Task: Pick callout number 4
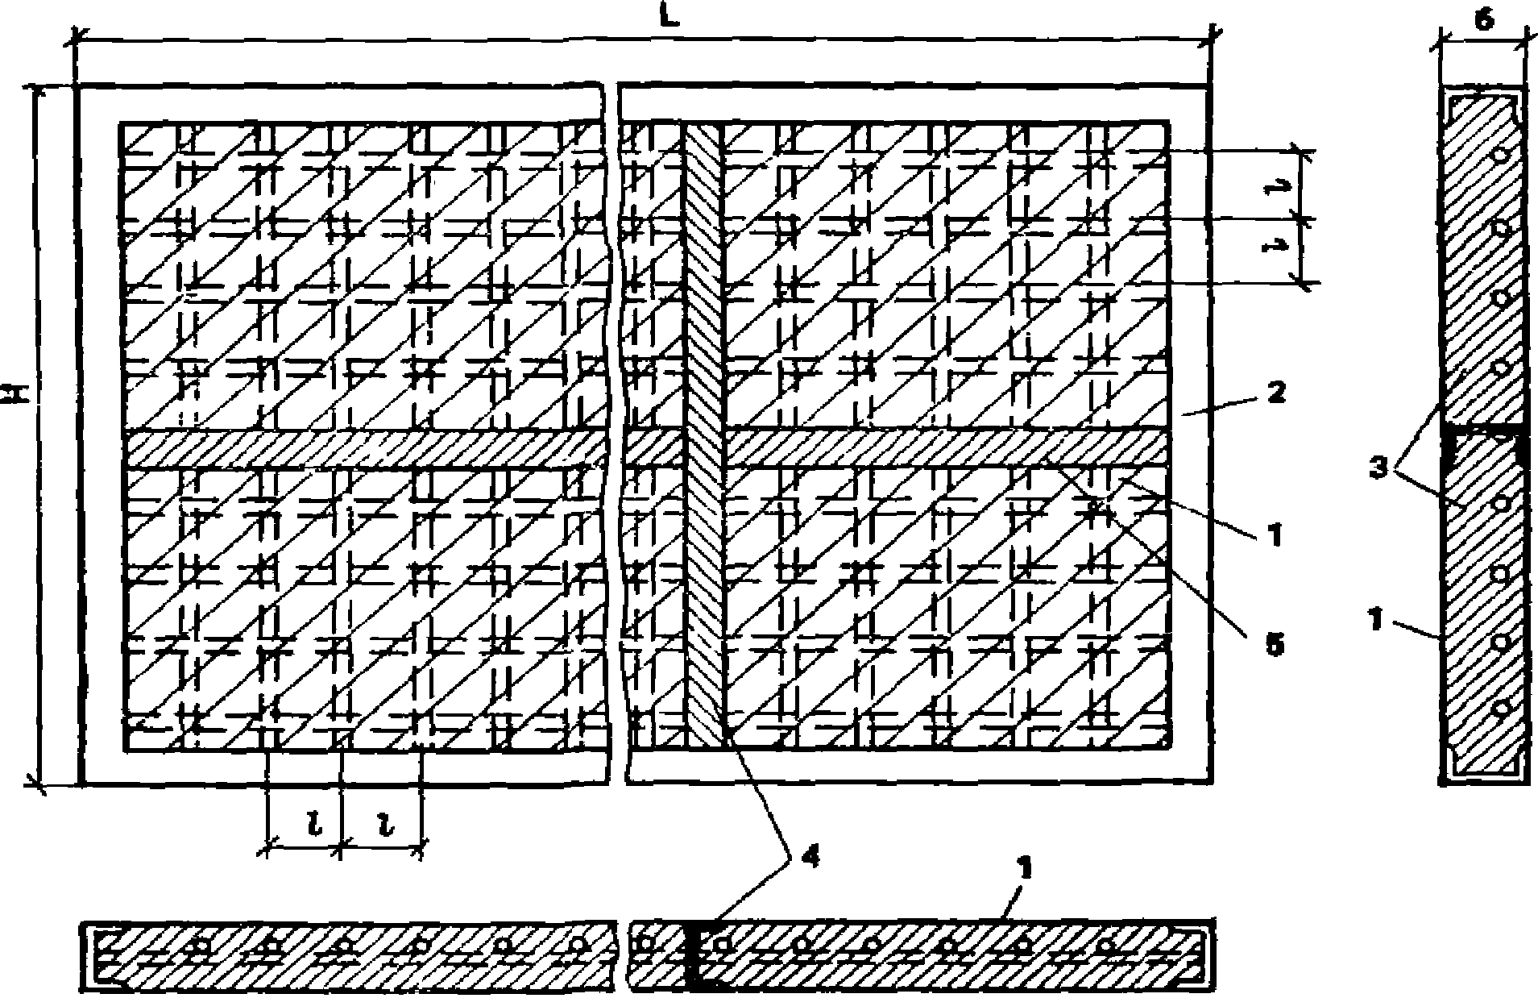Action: pyautogui.click(x=811, y=858)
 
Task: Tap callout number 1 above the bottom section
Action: pyautogui.click(x=1023, y=870)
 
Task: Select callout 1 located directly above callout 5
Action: pyautogui.click(x=1274, y=534)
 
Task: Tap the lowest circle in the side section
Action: pyautogui.click(x=1500, y=709)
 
